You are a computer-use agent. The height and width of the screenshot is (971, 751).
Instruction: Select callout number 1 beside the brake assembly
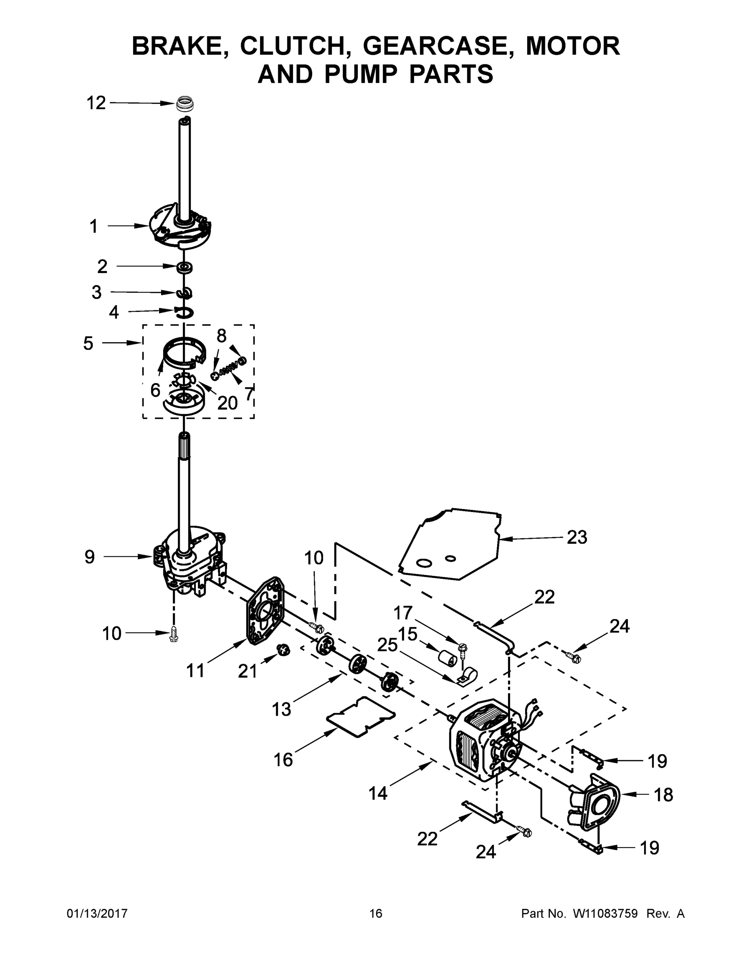tap(94, 226)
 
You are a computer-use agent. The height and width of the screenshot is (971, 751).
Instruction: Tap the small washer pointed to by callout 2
tap(183, 267)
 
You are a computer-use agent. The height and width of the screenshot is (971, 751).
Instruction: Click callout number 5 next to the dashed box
tap(88, 343)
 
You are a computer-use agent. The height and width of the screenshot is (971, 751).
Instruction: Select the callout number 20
tap(228, 403)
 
